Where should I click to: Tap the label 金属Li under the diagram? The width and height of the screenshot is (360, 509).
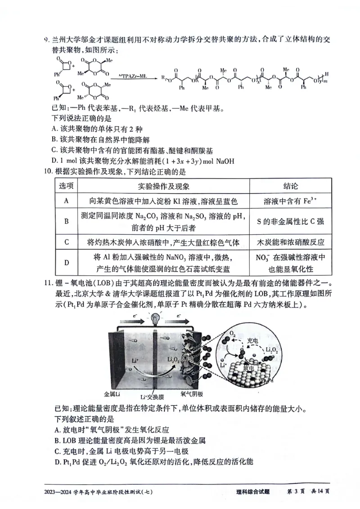pyautogui.click(x=112, y=394)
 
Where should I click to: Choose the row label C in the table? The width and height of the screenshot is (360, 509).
pyautogui.click(x=66, y=242)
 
